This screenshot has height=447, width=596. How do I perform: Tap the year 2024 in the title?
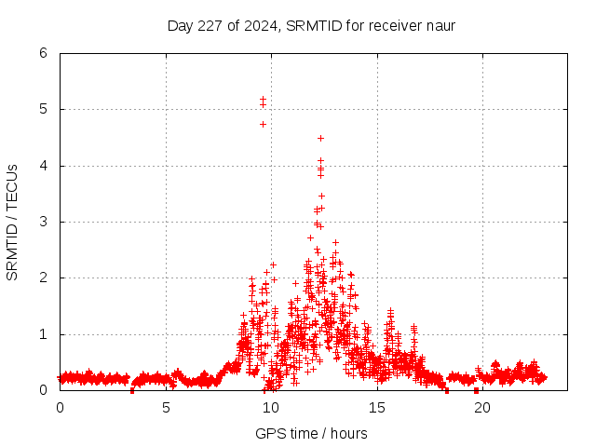click(x=257, y=25)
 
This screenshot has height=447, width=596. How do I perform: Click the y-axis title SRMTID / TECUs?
click(x=12, y=222)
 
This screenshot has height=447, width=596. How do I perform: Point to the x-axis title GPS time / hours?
click(x=311, y=433)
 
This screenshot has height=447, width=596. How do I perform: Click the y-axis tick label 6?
click(x=43, y=53)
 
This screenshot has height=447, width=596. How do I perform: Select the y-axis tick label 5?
click(x=43, y=109)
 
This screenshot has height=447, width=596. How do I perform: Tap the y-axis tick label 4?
click(x=43, y=166)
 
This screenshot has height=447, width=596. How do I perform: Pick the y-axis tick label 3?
click(x=43, y=222)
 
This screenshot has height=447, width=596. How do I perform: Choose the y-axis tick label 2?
click(x=43, y=278)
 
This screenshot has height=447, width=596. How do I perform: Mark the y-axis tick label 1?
click(x=43, y=334)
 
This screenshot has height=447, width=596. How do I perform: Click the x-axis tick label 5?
click(x=166, y=407)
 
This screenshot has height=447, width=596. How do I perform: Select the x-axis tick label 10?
click(x=271, y=407)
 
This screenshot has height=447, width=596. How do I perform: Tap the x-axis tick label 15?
click(x=377, y=407)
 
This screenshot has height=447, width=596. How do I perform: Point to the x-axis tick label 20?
click(x=482, y=407)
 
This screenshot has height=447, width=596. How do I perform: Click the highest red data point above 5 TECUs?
click(x=263, y=99)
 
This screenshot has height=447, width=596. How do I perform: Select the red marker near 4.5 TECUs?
click(x=320, y=138)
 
